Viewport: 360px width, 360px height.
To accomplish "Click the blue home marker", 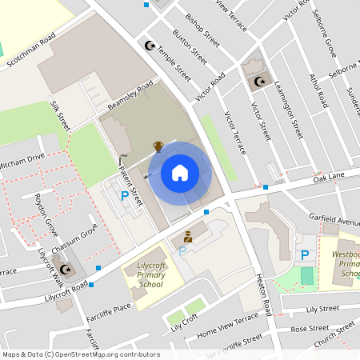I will tap(180, 172).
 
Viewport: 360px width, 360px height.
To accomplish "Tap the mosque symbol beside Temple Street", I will tap(148, 46).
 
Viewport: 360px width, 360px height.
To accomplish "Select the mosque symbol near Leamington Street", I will tap(258, 81).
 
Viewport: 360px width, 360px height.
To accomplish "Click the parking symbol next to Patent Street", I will tap(124, 195).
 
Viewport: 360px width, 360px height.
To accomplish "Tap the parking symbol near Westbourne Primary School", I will tap(304, 255).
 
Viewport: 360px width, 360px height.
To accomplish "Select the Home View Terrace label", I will tap(227, 322).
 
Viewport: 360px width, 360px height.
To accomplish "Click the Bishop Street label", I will tap(202, 26).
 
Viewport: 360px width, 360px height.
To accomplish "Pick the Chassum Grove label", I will tap(75, 240).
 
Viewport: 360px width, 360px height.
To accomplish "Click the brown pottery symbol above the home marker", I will tap(158, 146).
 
